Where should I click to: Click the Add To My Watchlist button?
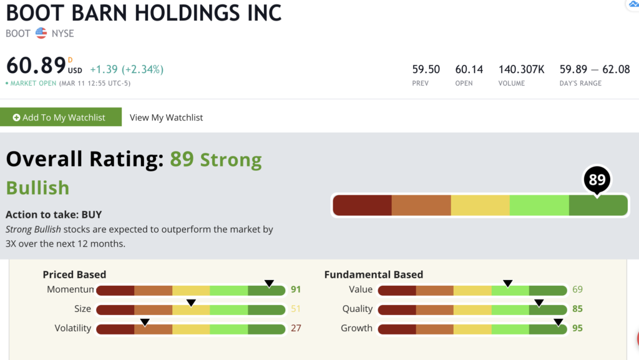(x=61, y=117)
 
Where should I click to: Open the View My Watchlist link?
(x=166, y=118)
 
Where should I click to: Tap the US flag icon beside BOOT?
(x=41, y=33)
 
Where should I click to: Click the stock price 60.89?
(x=36, y=65)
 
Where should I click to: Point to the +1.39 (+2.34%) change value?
(x=127, y=70)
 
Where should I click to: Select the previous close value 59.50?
(x=426, y=70)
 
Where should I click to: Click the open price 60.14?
(x=469, y=70)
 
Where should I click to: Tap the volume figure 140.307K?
(x=521, y=70)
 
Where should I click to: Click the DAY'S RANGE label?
(x=580, y=83)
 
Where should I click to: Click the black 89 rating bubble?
(x=597, y=179)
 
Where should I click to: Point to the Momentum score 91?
(x=296, y=289)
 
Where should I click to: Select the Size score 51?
(x=296, y=309)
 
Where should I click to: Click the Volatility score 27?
(x=296, y=328)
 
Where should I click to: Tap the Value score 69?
(x=577, y=289)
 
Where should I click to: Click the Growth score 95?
(x=577, y=328)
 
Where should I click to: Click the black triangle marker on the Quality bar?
(x=539, y=303)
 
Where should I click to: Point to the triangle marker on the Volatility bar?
(x=145, y=323)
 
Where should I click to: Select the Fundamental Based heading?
(x=374, y=275)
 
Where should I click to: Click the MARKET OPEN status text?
(x=34, y=83)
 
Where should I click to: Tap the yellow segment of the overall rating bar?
(x=480, y=205)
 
